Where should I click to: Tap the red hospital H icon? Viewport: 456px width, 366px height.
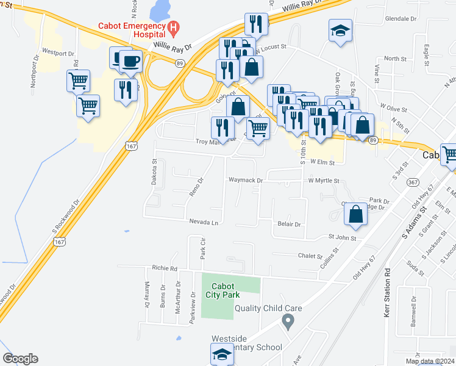click(x=174, y=27)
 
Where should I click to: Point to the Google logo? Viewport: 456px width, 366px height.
click(x=20, y=359)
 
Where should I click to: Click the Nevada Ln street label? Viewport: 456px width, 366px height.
click(x=203, y=223)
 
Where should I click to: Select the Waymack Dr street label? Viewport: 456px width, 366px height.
click(x=245, y=181)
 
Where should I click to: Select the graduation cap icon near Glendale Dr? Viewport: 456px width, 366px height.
click(x=340, y=30)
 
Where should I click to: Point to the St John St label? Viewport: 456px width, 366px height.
click(x=342, y=237)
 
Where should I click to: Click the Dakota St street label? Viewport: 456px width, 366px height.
click(x=154, y=173)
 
